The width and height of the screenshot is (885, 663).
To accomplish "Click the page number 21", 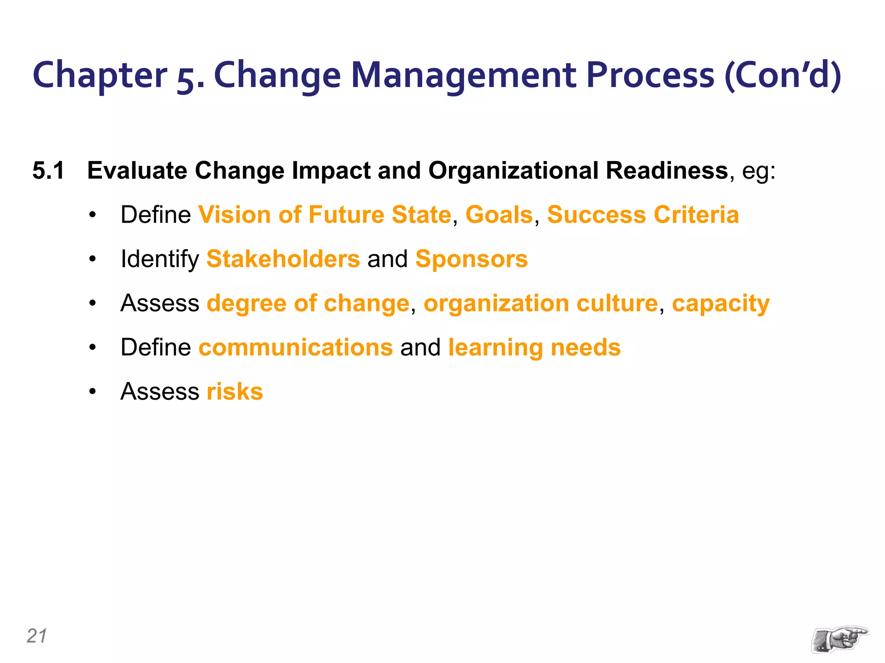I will point(36,636).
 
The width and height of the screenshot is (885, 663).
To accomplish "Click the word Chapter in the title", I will point(99,75).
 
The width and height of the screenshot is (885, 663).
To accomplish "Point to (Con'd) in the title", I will point(782,75).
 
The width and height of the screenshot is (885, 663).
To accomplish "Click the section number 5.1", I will point(48,170).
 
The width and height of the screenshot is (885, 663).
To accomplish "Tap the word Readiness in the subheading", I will point(667,170).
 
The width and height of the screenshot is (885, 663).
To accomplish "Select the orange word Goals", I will point(499,215).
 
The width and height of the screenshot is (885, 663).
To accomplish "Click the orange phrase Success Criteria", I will point(643,215).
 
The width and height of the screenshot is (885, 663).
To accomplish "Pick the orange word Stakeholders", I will point(283,259).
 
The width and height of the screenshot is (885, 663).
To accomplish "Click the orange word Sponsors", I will point(471,259).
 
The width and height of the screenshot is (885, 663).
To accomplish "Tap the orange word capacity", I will point(721,303).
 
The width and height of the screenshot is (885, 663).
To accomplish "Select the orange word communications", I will point(296,347).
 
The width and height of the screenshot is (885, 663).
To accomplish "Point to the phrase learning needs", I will point(535,347).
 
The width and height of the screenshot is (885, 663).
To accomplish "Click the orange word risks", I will point(235,391).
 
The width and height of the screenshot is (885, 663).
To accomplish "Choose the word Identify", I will point(159,259).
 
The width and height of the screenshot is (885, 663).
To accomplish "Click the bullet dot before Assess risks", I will point(92,392).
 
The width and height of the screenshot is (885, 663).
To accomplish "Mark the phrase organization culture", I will point(541,303).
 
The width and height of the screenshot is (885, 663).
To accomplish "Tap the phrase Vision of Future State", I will point(325,215).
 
